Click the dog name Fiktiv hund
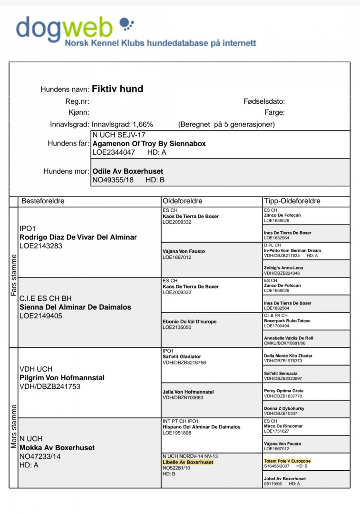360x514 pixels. (x=117, y=89)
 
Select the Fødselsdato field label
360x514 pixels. (x=263, y=101)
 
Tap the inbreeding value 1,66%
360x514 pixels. (x=143, y=125)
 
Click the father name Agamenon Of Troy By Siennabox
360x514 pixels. (x=149, y=143)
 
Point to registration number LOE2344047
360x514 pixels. (x=113, y=152)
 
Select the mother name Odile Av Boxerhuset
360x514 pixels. (x=127, y=171)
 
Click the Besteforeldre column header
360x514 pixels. (x=43, y=201)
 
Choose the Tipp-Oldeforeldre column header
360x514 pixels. (x=292, y=201)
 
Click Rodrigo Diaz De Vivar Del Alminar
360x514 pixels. (x=78, y=237)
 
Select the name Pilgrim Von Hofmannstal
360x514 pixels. (x=62, y=378)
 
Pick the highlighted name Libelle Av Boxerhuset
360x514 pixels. (x=188, y=462)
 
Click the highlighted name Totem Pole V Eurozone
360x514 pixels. (x=287, y=461)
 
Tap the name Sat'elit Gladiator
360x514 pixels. (x=182, y=356)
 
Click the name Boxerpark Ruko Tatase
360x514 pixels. (x=287, y=321)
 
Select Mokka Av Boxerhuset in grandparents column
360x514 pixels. (x=57, y=448)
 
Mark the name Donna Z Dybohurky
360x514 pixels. (x=283, y=408)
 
